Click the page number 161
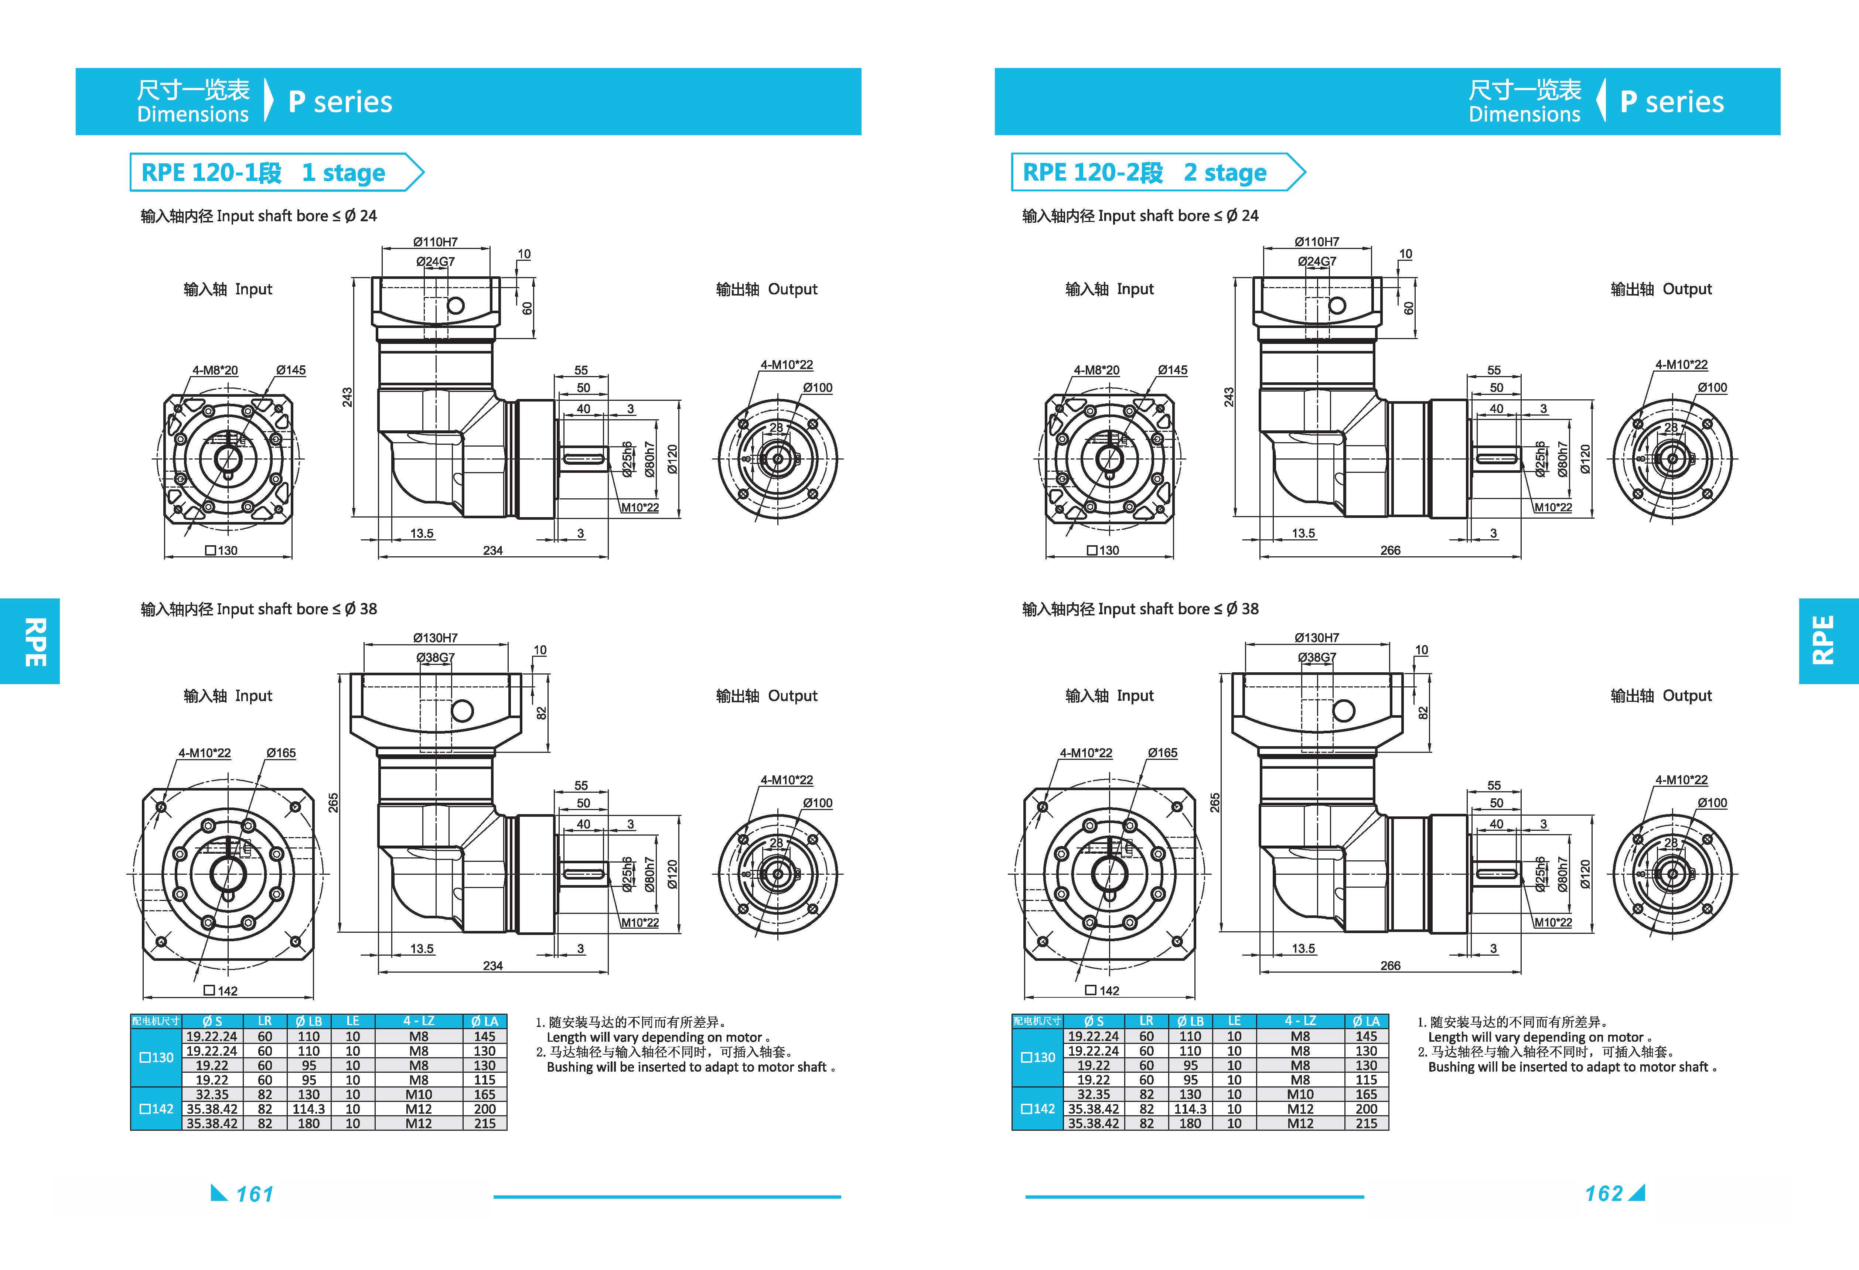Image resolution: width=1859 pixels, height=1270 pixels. tap(255, 1194)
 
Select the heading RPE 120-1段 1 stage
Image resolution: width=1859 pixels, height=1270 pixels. tap(263, 173)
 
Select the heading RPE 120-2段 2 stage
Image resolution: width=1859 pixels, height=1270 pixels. tap(1145, 173)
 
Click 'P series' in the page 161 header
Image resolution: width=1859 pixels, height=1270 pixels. tap(340, 102)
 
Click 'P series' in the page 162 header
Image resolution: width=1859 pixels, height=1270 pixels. tap(1672, 102)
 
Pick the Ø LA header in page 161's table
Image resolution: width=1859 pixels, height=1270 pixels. tap(485, 1021)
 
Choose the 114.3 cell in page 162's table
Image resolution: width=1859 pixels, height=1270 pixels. tap(1190, 1109)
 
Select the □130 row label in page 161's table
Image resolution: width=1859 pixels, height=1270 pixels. tap(157, 1057)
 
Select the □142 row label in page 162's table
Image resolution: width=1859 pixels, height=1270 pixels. tap(1038, 1109)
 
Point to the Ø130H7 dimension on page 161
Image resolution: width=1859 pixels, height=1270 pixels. tap(435, 637)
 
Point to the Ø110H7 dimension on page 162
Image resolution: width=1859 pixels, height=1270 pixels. tap(1317, 242)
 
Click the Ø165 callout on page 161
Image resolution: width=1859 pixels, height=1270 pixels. tap(281, 752)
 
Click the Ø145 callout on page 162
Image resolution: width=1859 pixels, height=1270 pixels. tap(1173, 369)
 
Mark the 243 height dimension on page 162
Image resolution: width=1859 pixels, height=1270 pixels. tap(1229, 397)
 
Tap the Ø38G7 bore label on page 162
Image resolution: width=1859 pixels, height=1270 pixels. tap(1317, 658)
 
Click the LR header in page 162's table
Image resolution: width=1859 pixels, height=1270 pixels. tap(1146, 1021)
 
